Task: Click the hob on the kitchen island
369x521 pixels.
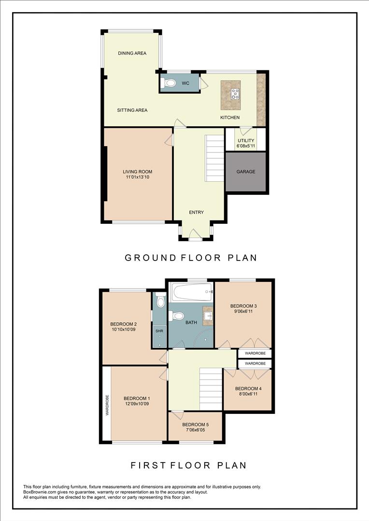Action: (236, 94)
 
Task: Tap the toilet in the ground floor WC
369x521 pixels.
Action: (169, 83)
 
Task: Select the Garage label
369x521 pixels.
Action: (246, 172)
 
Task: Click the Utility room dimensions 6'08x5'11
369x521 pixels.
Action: (246, 146)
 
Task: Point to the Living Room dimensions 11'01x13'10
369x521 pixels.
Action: (138, 178)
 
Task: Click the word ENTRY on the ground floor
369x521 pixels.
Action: (197, 212)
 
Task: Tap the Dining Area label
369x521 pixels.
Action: (132, 53)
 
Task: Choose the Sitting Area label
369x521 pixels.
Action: (132, 110)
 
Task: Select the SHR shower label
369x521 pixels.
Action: (159, 331)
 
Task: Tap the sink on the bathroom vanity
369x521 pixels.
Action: (208, 315)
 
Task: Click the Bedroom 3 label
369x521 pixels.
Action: (243, 306)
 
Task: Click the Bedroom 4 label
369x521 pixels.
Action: (248, 389)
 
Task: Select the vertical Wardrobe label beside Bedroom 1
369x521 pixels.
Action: (107, 405)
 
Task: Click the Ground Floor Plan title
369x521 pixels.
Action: (191, 258)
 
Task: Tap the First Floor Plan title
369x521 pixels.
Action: (189, 466)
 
